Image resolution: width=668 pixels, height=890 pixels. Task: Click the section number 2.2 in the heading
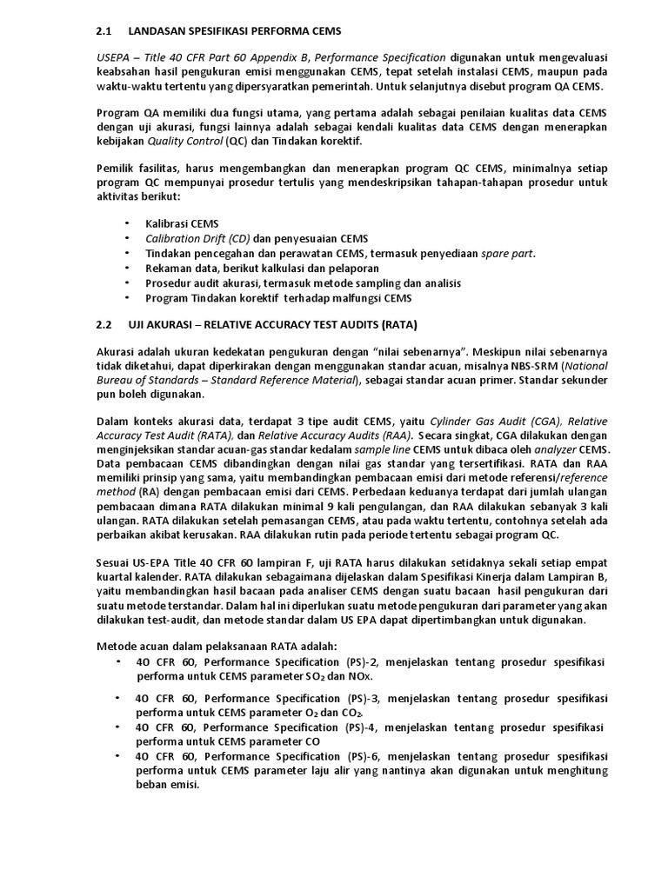104,325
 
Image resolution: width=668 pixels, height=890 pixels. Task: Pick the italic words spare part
509,253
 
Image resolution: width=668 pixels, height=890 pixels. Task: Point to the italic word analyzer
558,449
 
